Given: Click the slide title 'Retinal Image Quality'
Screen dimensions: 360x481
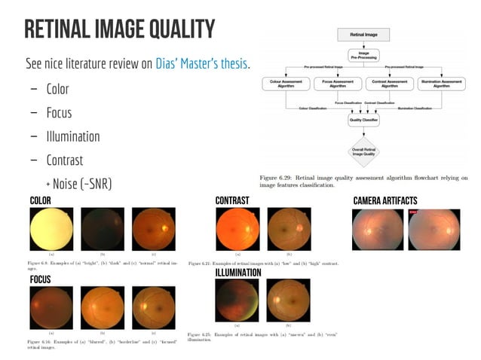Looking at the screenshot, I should tap(120, 29).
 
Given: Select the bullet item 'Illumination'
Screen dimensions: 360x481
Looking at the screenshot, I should tap(72, 136).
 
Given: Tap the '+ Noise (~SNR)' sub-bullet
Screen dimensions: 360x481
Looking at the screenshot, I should tap(78, 184).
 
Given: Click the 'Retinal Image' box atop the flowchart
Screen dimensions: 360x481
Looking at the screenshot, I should tap(363, 35).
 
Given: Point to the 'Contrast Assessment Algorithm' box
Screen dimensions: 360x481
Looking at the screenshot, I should tap(388, 85).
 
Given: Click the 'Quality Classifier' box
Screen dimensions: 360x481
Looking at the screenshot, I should tap(363, 119).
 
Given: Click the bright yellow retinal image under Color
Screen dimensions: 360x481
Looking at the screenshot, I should tap(51, 230).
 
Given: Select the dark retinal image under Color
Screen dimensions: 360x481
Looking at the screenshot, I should tap(103, 230).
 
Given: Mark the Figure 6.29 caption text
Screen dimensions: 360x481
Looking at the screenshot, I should tap(358, 182).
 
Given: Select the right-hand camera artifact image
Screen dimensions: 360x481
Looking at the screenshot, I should tap(434, 230).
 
